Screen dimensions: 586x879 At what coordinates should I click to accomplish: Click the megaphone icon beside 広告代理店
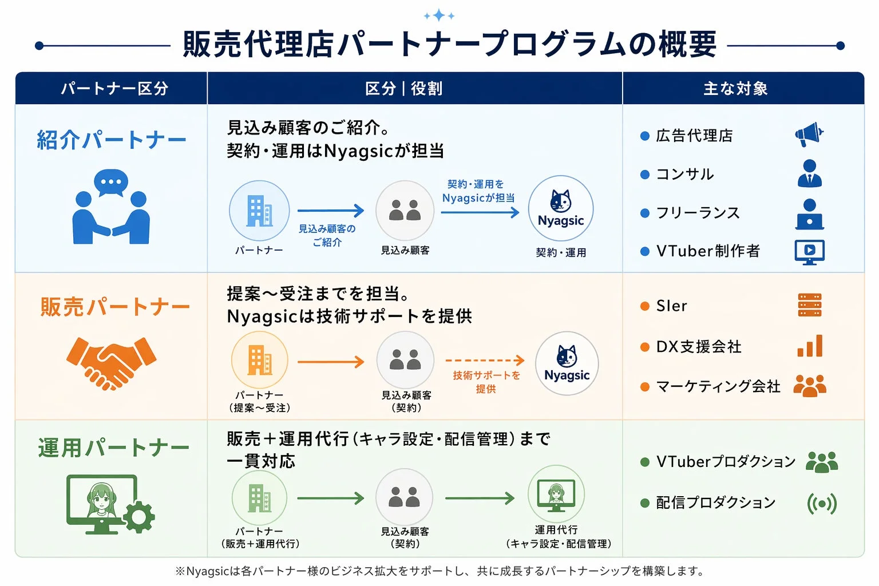(x=809, y=134)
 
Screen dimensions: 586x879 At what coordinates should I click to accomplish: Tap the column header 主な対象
(x=735, y=89)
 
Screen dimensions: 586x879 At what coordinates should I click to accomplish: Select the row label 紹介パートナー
(x=112, y=140)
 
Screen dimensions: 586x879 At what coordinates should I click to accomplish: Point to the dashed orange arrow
(x=485, y=361)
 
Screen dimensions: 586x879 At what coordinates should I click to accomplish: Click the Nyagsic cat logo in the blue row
(x=561, y=201)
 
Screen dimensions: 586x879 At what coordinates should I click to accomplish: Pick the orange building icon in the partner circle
(x=259, y=361)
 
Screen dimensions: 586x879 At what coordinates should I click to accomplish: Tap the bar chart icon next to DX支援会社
(x=810, y=346)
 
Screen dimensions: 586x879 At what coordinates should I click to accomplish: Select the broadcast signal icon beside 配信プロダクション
(x=822, y=504)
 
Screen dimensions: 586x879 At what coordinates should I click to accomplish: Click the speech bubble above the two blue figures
(x=111, y=182)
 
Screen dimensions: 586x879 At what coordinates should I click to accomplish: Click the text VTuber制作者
(x=708, y=251)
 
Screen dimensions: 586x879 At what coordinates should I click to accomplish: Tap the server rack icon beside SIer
(x=809, y=305)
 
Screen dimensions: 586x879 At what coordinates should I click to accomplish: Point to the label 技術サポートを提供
(x=486, y=382)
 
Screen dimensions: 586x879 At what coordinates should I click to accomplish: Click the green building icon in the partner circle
(x=259, y=498)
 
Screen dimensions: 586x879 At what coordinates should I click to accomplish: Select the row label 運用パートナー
(x=113, y=448)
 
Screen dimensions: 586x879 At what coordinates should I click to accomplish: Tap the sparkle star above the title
(x=439, y=15)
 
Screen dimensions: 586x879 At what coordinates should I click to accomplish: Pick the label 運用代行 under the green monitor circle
(x=556, y=530)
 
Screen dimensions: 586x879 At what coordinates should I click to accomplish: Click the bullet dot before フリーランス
(x=645, y=213)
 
